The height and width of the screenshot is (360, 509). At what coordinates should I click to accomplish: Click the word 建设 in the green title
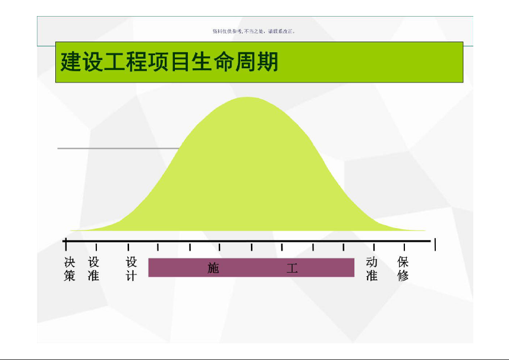click(82, 62)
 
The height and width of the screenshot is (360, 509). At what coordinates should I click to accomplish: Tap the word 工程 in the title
click(125, 62)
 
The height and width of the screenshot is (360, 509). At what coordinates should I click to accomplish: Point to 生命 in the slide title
click(213, 62)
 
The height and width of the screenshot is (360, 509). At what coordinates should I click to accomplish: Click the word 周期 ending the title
click(256, 62)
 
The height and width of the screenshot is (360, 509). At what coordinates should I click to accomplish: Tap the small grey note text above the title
click(253, 31)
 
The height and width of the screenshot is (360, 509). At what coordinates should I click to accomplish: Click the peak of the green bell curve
click(247, 97)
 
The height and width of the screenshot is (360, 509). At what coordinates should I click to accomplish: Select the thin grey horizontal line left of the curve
click(118, 149)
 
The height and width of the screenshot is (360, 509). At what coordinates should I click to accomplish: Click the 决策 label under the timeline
click(70, 269)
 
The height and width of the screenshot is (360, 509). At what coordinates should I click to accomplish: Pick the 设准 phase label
click(93, 269)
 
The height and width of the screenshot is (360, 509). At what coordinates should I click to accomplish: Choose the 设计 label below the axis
click(131, 269)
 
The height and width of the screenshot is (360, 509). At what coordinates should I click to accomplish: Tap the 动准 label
click(372, 269)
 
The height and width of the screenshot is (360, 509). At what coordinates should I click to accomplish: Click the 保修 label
click(403, 269)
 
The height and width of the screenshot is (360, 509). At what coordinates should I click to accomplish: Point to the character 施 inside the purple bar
click(213, 268)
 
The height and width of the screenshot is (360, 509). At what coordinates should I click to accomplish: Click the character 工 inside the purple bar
click(292, 268)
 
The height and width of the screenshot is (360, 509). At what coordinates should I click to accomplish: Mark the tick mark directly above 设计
click(128, 247)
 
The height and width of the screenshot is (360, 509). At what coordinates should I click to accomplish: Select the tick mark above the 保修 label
click(404, 247)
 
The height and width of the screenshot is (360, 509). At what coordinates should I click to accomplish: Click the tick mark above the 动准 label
click(374, 247)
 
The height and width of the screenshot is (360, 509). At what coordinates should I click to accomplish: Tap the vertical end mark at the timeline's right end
click(435, 244)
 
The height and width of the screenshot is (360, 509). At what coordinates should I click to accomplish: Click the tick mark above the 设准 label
click(96, 247)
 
